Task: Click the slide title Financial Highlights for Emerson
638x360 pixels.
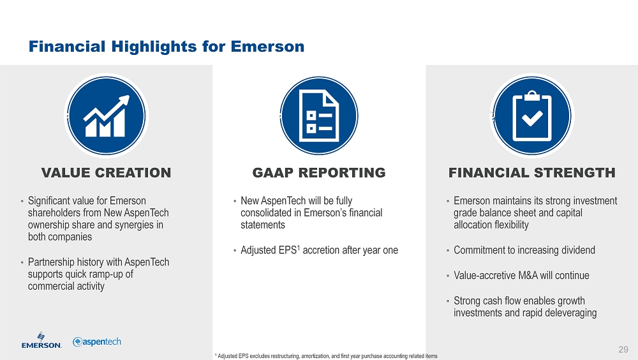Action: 167,47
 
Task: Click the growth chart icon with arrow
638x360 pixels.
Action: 106,116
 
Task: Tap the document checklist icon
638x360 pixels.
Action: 319,116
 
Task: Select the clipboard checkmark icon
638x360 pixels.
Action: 532,116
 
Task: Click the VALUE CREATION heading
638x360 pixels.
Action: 106,173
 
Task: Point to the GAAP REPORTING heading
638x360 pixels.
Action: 319,173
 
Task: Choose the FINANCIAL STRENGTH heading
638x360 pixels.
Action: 532,173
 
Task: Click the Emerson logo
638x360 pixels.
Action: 41,340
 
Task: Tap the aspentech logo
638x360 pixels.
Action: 97,341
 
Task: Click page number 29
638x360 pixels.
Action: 623,349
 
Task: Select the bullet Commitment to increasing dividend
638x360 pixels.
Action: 524,250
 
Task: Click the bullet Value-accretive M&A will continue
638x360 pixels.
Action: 521,275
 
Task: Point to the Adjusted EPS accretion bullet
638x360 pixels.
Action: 320,250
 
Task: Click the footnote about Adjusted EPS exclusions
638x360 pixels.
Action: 326,356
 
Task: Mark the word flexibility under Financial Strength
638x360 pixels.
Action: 508,225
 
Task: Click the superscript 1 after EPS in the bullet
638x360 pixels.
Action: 298,247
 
